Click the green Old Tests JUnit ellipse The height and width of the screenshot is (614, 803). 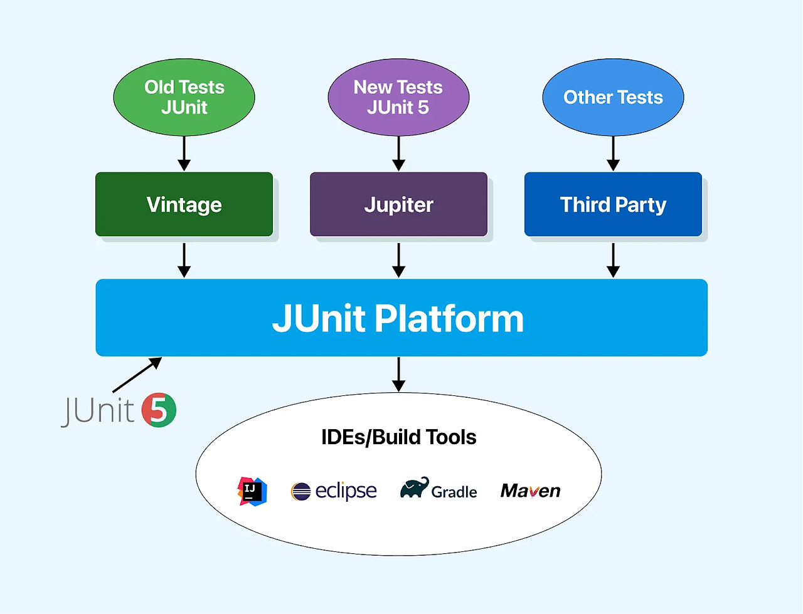tap(184, 97)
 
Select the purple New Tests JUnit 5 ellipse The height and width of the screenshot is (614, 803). tap(398, 97)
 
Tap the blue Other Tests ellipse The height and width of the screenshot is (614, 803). tap(613, 97)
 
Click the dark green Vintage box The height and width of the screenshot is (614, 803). tap(184, 204)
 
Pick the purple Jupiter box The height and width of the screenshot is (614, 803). tap(398, 204)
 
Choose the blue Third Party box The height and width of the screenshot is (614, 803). tap(613, 204)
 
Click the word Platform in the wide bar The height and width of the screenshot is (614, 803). tap(449, 319)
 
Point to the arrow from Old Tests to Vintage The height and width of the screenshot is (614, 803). tap(184, 153)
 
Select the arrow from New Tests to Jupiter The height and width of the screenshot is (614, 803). tap(398, 153)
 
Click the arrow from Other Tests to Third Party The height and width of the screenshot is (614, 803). tap(613, 153)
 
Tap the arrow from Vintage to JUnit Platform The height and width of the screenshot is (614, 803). tap(184, 260)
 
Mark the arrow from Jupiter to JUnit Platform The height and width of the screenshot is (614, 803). tap(398, 260)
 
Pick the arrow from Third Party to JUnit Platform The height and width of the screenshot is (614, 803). tap(613, 260)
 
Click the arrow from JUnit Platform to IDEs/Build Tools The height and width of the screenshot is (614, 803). tap(398, 375)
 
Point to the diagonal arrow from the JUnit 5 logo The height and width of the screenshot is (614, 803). tap(137, 375)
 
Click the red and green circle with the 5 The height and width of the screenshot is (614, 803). tap(159, 410)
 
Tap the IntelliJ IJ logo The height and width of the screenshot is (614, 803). tap(252, 491)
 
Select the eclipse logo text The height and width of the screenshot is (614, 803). tap(346, 491)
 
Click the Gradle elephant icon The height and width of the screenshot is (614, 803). tap(415, 487)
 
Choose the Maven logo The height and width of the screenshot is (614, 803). tap(530, 491)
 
